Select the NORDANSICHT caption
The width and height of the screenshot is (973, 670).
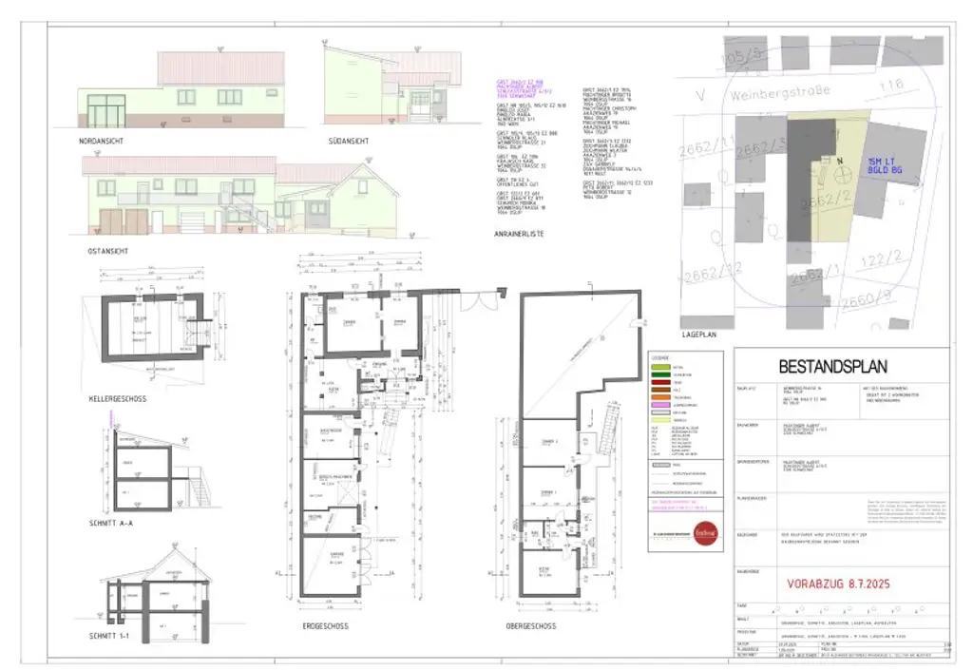click(x=102, y=141)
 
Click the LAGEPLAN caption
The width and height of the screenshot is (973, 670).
click(x=701, y=335)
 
